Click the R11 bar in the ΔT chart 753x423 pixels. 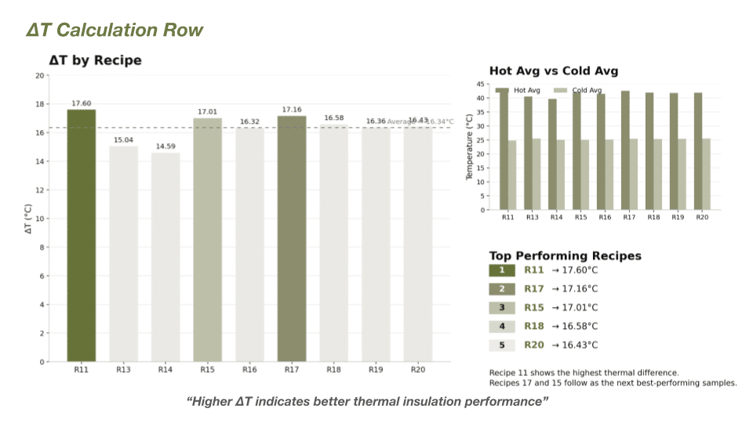click(81, 235)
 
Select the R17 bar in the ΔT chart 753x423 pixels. click(292, 239)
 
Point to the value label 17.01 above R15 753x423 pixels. click(207, 112)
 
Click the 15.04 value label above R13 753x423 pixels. click(123, 140)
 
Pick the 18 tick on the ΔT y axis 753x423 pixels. click(39, 104)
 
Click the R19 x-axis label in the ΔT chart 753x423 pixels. click(376, 370)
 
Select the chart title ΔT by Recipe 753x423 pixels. click(95, 60)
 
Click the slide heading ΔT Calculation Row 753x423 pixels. click(115, 31)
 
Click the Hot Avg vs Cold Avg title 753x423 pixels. click(554, 71)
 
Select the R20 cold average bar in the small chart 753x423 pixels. click(707, 174)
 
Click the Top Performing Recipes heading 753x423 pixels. click(565, 256)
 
